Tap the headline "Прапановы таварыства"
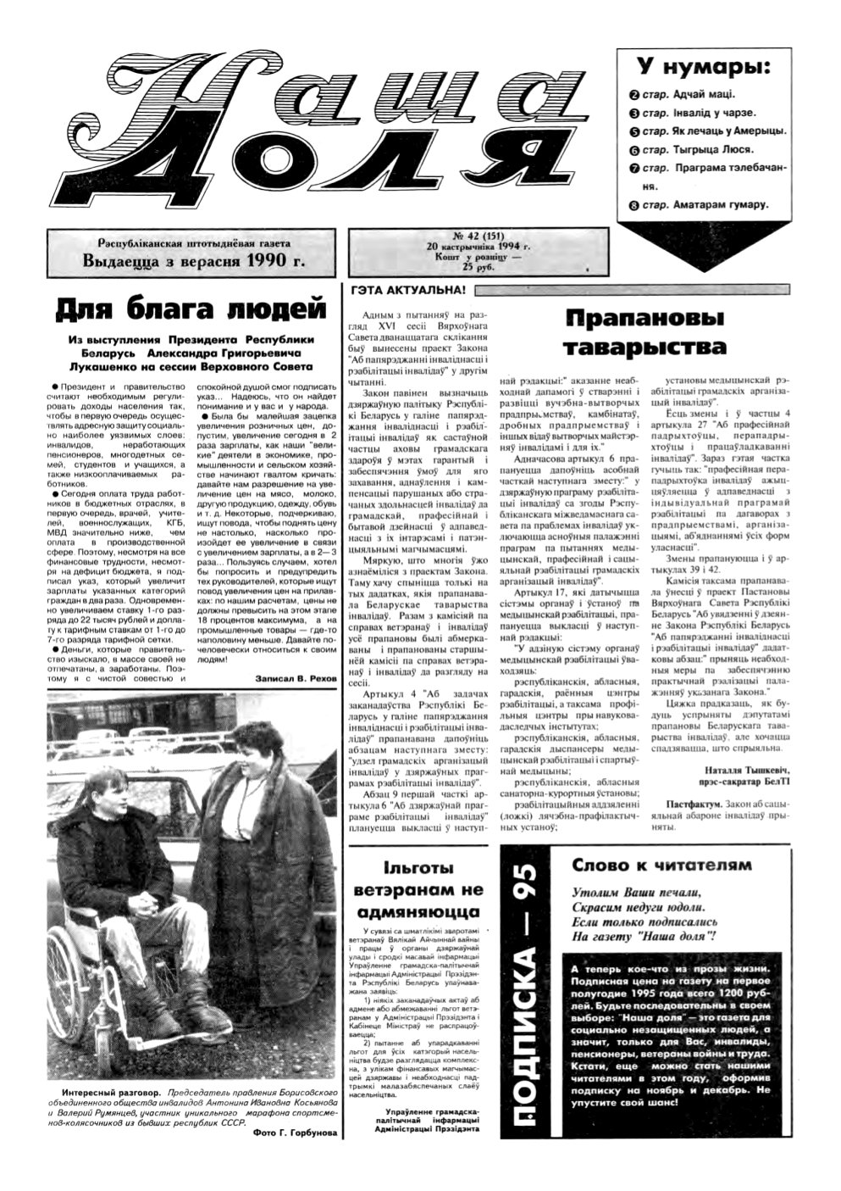pos(645,331)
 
